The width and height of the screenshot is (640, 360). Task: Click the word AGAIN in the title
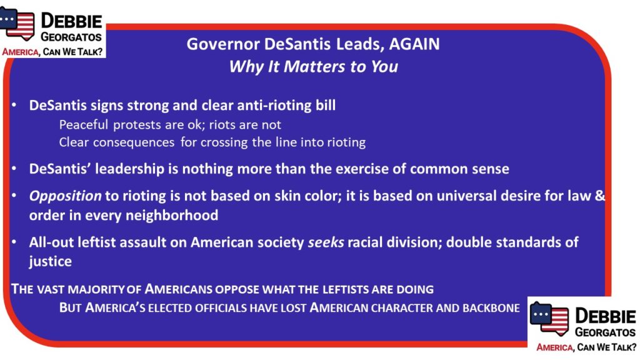tap(414, 44)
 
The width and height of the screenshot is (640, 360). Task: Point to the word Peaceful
tap(83, 124)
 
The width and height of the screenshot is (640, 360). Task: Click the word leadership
tap(129, 169)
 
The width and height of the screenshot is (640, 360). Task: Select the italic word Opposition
tap(65, 196)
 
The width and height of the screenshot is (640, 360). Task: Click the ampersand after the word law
tap(599, 196)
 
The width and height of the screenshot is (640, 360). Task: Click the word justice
tap(50, 262)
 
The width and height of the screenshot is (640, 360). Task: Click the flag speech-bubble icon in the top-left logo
tap(17, 24)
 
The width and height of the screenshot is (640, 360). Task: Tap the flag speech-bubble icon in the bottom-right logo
tap(549, 318)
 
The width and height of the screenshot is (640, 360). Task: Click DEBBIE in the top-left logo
tap(71, 21)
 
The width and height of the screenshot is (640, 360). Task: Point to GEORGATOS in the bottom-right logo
tap(605, 332)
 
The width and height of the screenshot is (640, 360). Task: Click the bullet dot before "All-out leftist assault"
tap(14, 242)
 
